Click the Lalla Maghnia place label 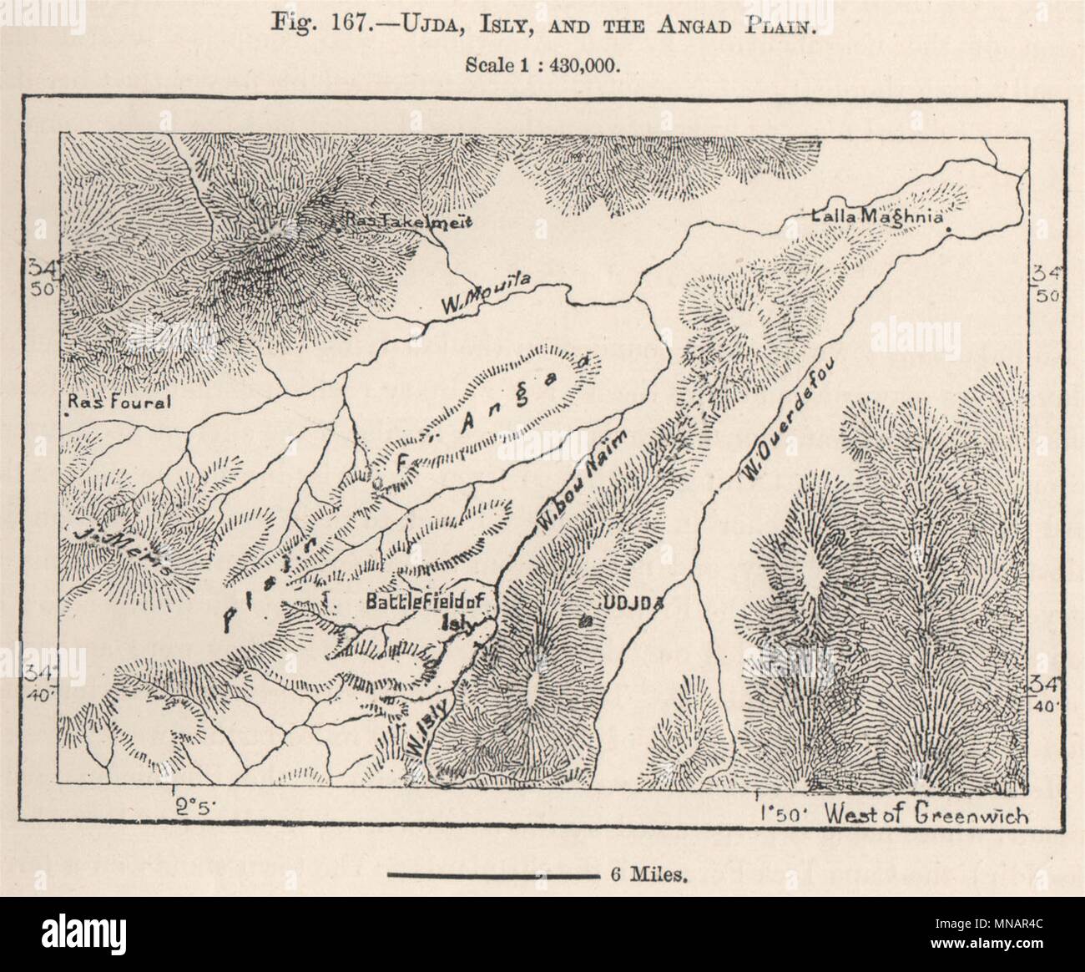876,217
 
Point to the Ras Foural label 119,402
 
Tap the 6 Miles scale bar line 492,876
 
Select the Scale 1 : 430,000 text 542,66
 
